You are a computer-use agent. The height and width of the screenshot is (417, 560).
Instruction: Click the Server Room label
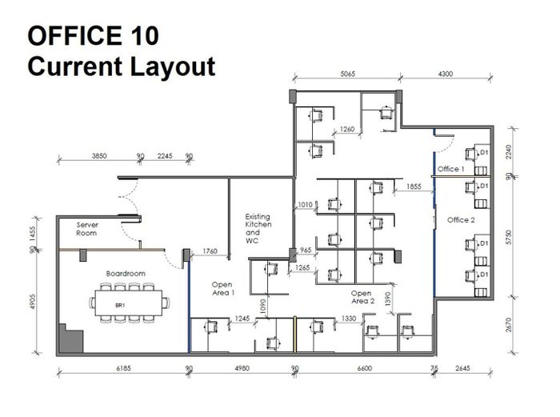[86, 229]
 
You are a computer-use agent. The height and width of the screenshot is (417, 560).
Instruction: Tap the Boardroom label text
[126, 274]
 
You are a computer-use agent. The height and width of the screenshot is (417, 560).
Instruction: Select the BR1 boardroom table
[128, 303]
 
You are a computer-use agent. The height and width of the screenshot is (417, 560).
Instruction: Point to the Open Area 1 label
[223, 289]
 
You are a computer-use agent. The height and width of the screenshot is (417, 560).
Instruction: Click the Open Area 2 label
[362, 297]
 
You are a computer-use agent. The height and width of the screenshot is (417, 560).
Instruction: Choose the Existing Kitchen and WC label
[258, 229]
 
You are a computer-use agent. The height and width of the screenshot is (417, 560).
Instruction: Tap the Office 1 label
[450, 169]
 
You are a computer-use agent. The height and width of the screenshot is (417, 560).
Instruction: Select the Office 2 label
[461, 220]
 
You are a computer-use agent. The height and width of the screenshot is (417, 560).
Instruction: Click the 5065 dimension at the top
[347, 74]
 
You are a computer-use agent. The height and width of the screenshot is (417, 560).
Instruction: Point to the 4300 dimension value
[445, 74]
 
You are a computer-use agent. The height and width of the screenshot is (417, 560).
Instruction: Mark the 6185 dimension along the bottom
[123, 368]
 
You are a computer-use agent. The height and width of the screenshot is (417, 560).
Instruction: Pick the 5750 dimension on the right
[509, 238]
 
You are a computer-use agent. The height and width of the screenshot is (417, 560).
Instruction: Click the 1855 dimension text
[414, 186]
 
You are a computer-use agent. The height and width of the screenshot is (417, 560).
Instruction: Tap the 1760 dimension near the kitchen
[210, 251]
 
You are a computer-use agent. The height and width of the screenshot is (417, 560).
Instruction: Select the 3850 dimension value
[99, 156]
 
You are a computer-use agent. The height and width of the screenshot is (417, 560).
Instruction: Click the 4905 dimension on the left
[33, 301]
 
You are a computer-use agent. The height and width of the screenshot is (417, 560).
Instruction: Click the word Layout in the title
[173, 66]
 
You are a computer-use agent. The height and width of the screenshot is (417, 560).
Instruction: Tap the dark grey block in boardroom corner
[71, 339]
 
